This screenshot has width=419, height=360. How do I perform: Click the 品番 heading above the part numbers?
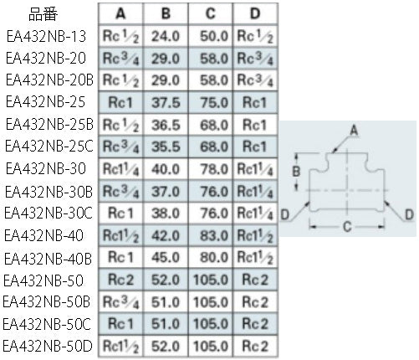coord(43,14)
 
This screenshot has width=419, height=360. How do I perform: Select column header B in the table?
coord(166,13)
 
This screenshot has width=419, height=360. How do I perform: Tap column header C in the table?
coord(211,13)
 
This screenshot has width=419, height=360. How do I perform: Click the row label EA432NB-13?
coord(46,37)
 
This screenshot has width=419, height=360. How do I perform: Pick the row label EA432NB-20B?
coord(49,80)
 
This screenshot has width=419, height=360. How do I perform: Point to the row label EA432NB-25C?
coord(49,147)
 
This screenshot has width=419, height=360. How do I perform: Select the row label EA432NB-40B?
coord(48,258)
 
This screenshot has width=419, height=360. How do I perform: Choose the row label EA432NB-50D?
coord(48,346)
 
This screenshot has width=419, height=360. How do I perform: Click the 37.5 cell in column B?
coord(166,103)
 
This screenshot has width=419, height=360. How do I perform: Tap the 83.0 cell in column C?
coord(214,236)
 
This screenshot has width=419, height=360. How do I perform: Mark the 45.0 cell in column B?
coord(166,257)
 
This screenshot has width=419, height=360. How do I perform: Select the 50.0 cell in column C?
coord(214,36)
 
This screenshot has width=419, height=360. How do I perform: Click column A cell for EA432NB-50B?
coord(120,302)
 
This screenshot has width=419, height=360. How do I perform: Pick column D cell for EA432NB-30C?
coord(255,213)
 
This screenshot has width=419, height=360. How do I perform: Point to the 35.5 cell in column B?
coord(166,147)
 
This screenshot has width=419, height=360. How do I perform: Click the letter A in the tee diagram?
coord(354,130)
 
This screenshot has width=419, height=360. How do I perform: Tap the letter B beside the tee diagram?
coord(296,171)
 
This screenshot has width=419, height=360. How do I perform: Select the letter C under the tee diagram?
coord(347,227)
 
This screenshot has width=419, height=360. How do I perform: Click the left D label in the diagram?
coord(285,215)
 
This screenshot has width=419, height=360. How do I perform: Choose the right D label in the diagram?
coord(409,215)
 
